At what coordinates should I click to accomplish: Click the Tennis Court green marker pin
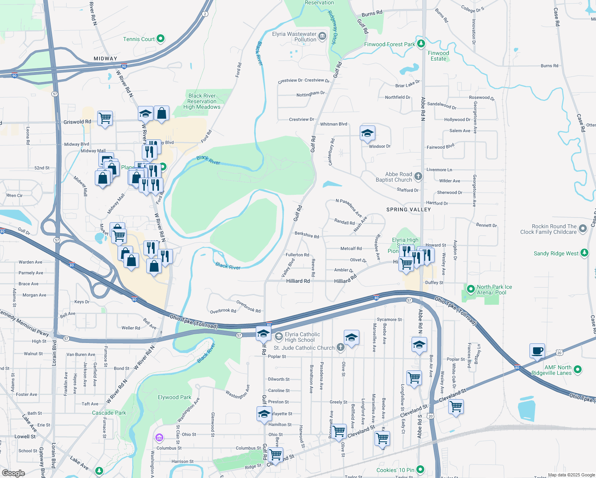(161, 39)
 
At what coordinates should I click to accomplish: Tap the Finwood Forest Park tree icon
(421, 44)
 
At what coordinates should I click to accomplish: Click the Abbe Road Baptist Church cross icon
(418, 176)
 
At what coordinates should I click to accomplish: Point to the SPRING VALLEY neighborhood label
(408, 210)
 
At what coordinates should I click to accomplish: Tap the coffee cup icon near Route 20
(537, 351)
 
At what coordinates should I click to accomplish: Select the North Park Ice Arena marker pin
(471, 289)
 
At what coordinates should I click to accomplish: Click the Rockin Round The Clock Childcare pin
(583, 229)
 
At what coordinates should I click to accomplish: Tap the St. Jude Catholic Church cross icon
(340, 347)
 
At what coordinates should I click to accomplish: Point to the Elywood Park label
(174, 397)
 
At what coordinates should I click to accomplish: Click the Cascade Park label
(109, 413)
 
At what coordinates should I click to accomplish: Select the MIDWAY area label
(106, 59)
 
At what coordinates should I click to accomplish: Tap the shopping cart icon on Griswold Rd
(105, 118)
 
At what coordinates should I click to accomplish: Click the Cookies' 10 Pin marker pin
(420, 470)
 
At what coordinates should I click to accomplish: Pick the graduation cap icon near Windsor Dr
(367, 133)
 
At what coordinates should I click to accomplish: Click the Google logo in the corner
(13, 473)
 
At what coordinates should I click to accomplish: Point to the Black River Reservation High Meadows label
(202, 101)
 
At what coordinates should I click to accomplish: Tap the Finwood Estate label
(438, 56)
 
